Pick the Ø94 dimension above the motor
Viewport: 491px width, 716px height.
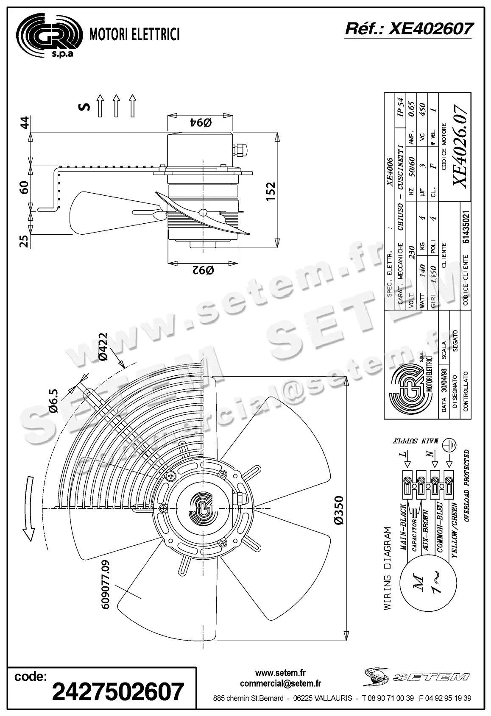(x=201, y=122)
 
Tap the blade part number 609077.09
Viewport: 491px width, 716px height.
(x=106, y=584)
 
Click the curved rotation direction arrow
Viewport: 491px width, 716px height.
(x=28, y=508)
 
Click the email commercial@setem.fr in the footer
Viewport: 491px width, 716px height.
(x=280, y=683)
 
